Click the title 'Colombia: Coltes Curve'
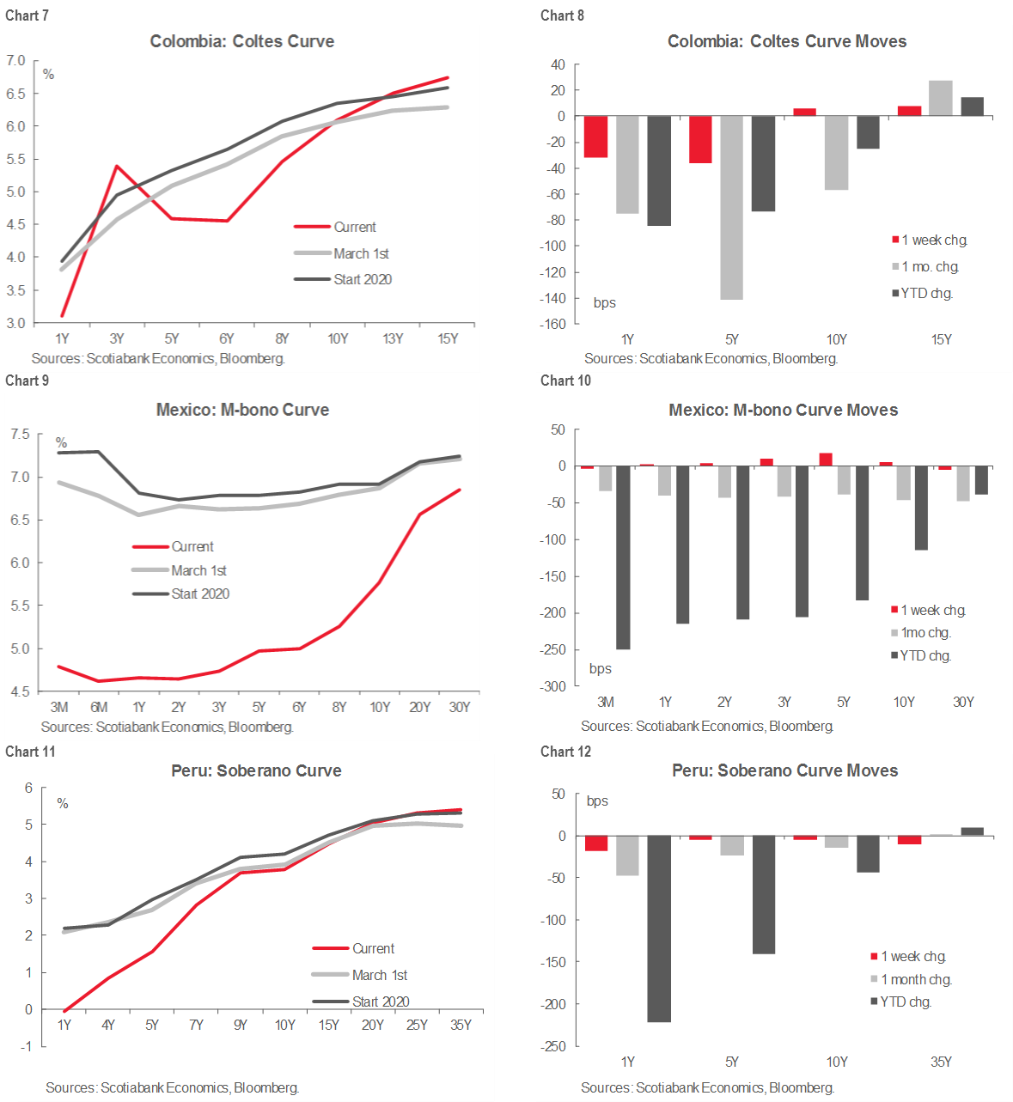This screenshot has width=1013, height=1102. tap(242, 41)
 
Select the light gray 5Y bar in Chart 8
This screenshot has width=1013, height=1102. tap(732, 208)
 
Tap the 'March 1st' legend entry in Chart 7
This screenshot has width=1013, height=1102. tap(361, 253)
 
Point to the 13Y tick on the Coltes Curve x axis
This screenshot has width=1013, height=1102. tap(393, 338)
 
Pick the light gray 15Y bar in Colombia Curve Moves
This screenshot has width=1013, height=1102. tap(941, 98)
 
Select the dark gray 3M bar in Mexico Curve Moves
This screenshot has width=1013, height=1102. tap(623, 557)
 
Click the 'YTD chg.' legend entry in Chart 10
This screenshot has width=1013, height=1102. tap(925, 655)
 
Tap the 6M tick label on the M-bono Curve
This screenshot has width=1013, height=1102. tap(99, 707)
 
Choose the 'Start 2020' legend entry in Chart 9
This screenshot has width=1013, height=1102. tap(200, 594)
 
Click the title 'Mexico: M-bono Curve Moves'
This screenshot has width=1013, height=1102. tap(784, 410)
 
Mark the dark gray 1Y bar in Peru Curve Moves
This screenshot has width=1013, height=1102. tap(659, 928)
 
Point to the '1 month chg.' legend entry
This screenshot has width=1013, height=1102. tap(916, 979)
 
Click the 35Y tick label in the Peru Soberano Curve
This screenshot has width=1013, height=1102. tap(461, 1025)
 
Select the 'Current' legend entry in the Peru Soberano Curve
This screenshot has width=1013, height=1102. tap(373, 948)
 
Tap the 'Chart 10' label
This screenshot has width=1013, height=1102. tap(565, 381)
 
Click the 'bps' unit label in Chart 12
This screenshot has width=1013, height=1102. tap(597, 801)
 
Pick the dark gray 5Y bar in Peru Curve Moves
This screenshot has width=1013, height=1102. tap(764, 894)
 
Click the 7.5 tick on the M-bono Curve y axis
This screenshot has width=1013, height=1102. tap(20, 435)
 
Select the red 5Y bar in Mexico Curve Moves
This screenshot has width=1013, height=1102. tap(826, 460)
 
